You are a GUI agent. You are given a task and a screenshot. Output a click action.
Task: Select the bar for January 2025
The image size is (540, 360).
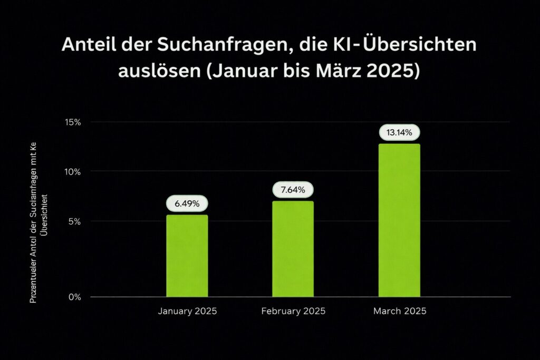point(187,256)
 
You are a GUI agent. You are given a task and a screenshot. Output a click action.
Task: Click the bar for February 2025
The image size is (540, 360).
point(293,249)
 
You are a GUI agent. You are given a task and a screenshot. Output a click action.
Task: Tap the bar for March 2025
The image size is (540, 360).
point(399,220)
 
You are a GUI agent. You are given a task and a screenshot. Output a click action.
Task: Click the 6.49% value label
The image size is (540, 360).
point(187,203)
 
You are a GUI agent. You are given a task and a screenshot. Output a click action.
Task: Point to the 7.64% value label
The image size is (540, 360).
point(293,190)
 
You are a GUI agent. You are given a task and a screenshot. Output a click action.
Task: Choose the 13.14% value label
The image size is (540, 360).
point(399,132)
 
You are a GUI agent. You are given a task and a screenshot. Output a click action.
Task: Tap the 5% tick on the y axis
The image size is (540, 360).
point(74,221)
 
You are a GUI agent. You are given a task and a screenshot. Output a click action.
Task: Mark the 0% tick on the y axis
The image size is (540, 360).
point(74,297)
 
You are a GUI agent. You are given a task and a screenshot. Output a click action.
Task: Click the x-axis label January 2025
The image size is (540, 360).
point(187,311)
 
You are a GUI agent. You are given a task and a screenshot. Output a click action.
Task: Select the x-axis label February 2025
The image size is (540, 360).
point(293,311)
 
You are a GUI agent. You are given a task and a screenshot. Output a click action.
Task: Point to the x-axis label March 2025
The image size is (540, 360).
point(400,311)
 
